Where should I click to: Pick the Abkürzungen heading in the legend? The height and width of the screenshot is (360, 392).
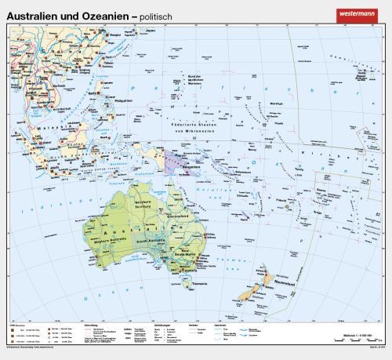[152, 323]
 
